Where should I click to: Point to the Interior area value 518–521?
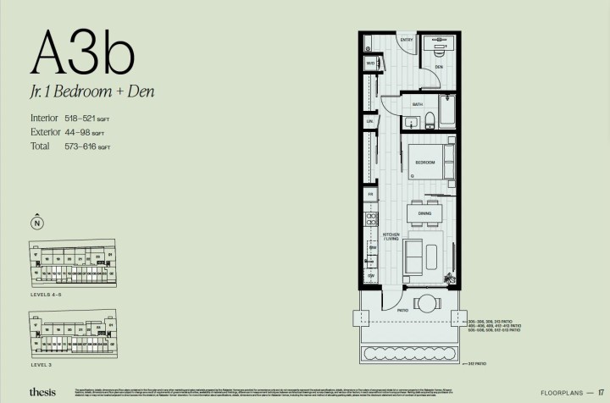pos(76,119)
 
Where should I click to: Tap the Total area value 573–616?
pos(76,146)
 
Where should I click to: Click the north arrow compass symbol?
pos(36,224)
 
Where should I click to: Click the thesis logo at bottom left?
pos(42,392)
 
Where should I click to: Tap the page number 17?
pos(601,392)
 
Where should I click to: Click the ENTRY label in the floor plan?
pos(406,40)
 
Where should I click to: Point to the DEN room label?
pos(439,66)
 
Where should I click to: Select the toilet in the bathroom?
pos(430,119)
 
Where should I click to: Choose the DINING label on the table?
pos(424,213)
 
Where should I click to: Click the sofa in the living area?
pos(414,255)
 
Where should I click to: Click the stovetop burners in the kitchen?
pos(371,220)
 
